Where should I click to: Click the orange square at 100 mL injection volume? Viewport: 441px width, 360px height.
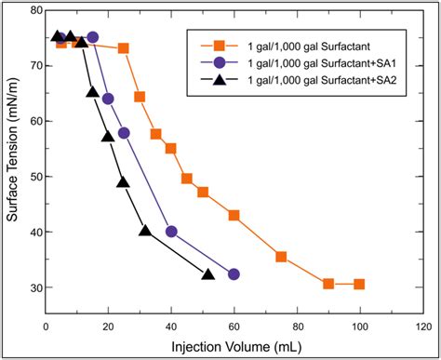tap(359, 285)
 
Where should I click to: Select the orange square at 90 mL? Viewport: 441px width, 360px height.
tap(328, 284)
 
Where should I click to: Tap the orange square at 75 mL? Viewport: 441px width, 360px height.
tap(281, 257)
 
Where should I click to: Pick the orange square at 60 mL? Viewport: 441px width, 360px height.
tap(234, 215)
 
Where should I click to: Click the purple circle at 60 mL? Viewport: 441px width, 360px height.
tap(234, 274)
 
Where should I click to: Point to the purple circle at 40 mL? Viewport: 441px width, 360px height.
tap(171, 232)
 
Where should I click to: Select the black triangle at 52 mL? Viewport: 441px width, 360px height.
tap(208, 273)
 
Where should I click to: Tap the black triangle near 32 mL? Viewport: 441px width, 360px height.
tap(145, 231)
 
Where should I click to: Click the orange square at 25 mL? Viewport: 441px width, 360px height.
tap(124, 48)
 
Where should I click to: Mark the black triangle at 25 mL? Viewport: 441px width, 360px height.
tap(123, 182)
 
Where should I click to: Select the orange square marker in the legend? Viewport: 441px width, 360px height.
tap(220, 45)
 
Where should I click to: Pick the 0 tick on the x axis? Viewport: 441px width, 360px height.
tap(47, 326)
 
